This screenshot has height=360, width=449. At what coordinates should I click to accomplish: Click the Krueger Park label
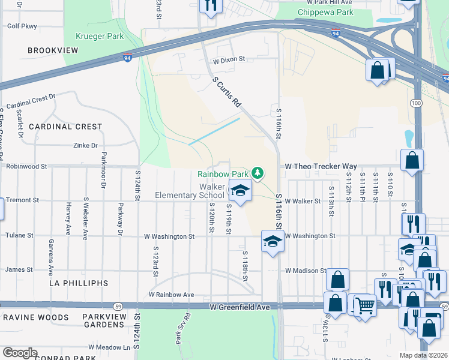coord(100,37)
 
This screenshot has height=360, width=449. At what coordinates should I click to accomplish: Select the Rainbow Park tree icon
coord(258,173)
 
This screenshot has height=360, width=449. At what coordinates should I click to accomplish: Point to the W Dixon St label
coord(229,59)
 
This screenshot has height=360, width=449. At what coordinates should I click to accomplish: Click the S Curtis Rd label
coord(226,92)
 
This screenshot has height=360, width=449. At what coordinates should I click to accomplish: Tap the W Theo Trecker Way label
coord(321,166)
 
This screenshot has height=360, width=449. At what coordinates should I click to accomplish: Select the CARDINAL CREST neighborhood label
coord(65,127)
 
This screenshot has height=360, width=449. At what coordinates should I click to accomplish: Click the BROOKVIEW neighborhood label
coord(53,50)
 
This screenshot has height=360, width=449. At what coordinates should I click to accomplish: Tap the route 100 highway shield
coord(416,104)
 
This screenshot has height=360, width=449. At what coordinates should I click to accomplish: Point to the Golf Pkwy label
coord(22,26)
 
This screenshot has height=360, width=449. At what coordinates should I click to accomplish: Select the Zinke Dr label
coord(85,145)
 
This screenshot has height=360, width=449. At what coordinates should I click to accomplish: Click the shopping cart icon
coord(364,305)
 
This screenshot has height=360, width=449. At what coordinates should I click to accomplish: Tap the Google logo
coord(20,353)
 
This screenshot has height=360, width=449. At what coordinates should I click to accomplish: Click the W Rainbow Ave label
coord(171,295)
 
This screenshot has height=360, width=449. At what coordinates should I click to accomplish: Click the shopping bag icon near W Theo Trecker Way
coord(412,160)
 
